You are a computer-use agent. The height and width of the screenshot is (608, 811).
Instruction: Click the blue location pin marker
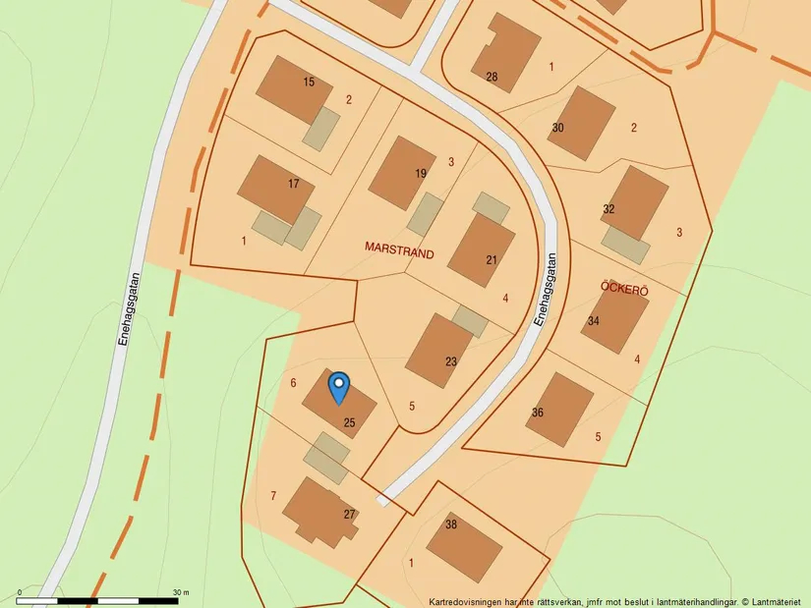[x=338, y=387]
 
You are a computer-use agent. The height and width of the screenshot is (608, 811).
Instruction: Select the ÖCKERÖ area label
[x=624, y=286]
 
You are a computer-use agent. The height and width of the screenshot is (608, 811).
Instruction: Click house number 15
[x=309, y=82]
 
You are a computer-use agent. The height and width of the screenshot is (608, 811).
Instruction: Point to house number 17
[x=293, y=184]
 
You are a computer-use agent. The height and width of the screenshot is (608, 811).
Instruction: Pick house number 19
[x=421, y=173]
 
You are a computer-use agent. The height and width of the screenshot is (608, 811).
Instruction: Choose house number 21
[x=492, y=260]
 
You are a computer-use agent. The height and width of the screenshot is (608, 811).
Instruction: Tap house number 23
[x=450, y=361]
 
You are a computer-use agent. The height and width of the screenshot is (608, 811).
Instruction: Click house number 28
[x=492, y=77]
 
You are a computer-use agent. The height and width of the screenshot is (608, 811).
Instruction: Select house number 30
[x=557, y=128]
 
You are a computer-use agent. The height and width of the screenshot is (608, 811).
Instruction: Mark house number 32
[x=608, y=209]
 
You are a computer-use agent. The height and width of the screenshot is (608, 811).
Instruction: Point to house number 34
[x=593, y=321]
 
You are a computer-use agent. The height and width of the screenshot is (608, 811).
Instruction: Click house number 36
[x=537, y=413]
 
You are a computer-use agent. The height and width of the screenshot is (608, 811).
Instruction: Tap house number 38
[x=450, y=525]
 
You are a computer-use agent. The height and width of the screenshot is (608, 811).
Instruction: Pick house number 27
[x=348, y=514]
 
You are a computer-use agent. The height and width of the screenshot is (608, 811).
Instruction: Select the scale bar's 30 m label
[x=180, y=592]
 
